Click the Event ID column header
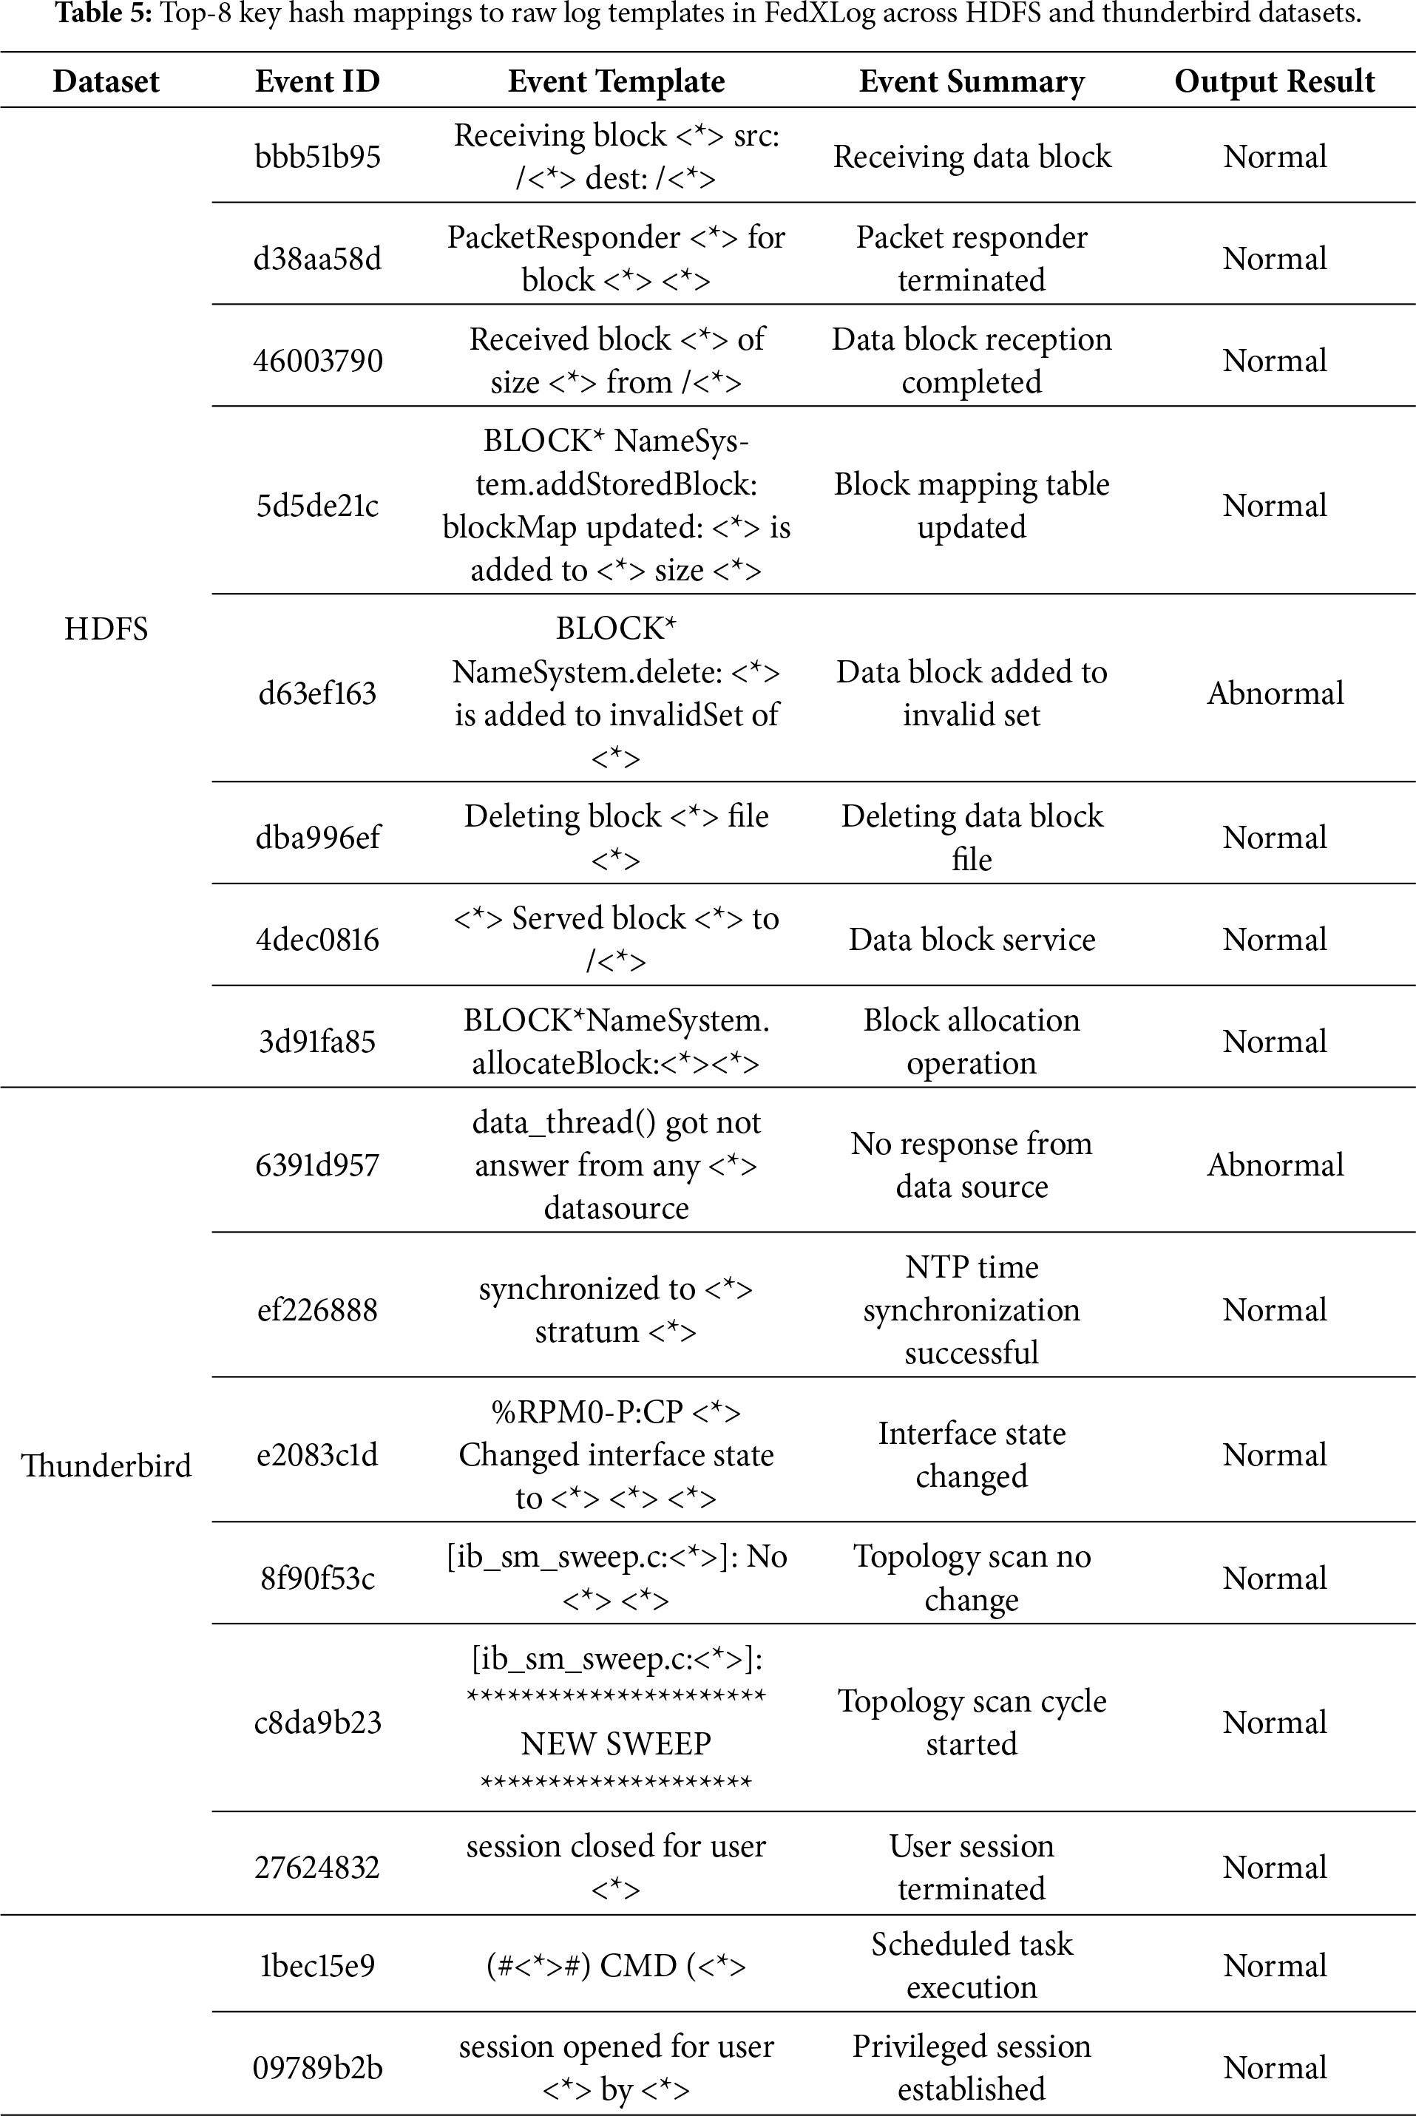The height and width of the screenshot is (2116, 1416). [317, 81]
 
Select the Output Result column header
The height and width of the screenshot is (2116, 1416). [1273, 81]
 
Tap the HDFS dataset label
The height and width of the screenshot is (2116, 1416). [106, 628]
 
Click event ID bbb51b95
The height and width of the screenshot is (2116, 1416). [317, 156]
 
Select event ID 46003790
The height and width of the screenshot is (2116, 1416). [317, 360]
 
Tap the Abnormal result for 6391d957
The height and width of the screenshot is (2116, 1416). [1274, 1164]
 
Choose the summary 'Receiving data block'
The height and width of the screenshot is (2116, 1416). [972, 156]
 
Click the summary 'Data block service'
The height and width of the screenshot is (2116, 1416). [972, 939]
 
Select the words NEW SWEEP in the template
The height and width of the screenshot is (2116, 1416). [616, 1743]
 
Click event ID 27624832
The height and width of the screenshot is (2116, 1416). [317, 1867]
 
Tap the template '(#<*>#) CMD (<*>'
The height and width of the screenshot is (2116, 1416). [616, 1965]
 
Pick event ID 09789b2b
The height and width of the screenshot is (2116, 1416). [317, 2067]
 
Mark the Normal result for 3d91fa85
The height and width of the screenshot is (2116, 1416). [1274, 1041]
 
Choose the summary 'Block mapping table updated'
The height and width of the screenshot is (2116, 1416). [972, 505]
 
